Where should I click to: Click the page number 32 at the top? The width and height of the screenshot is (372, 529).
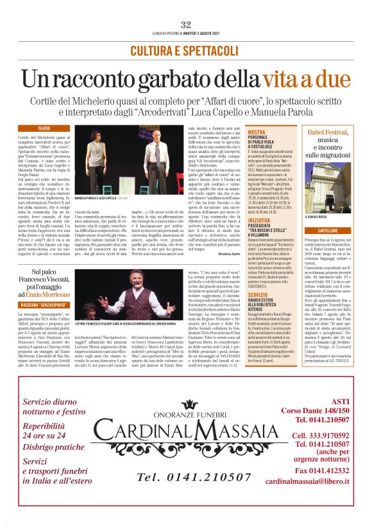[x=186, y=24]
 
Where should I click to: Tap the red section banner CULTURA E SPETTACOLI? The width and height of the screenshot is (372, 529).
[x=185, y=51]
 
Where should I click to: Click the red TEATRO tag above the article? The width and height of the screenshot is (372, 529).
[x=44, y=129]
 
